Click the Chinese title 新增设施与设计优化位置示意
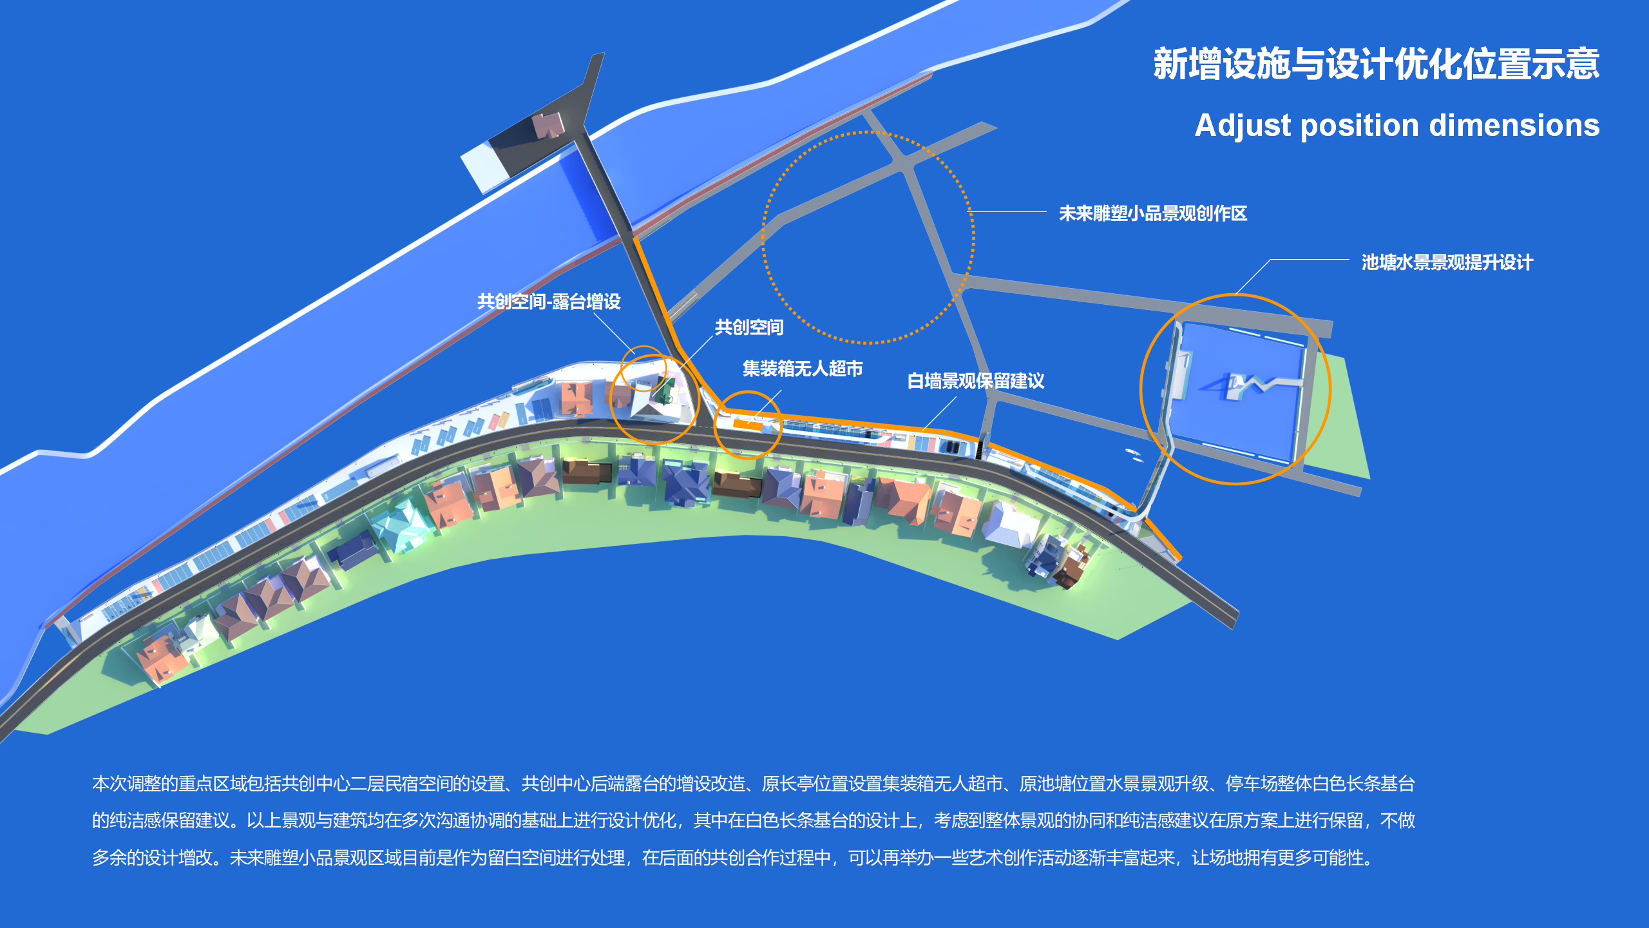tap(1376, 64)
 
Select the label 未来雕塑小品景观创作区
tap(1153, 213)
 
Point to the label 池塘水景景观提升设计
tap(1447, 262)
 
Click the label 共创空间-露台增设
tap(549, 302)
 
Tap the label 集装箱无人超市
tap(803, 369)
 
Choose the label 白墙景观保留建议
tap(976, 381)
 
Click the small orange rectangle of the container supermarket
tap(748, 425)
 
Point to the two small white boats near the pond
tap(1134, 454)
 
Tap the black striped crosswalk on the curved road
tap(980, 448)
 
